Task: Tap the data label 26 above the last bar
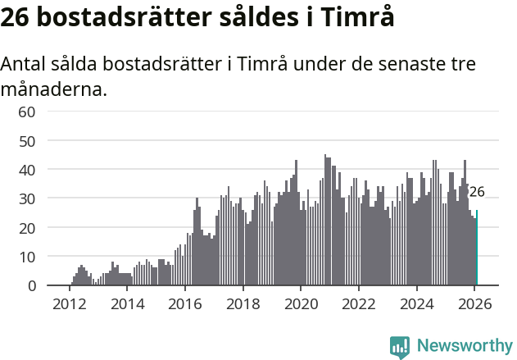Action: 476,193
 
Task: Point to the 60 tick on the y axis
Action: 27,112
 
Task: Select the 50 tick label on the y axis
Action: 27,140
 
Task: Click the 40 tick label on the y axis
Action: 27,170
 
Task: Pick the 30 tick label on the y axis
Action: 27,198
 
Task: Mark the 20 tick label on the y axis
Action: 27,228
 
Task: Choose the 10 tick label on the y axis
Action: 27,257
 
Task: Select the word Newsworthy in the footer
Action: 465,345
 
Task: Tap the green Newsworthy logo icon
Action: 400,347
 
